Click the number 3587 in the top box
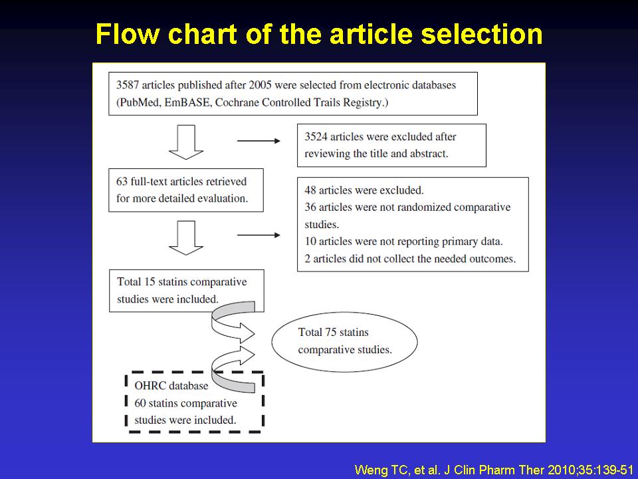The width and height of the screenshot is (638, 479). click(x=128, y=85)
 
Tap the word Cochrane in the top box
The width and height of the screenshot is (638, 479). click(x=237, y=102)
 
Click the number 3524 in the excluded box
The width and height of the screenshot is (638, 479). click(x=316, y=136)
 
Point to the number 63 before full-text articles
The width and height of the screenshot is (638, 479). click(x=122, y=181)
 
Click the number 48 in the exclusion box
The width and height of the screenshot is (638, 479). click(x=310, y=190)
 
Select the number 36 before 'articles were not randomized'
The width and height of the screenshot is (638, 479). click(x=310, y=207)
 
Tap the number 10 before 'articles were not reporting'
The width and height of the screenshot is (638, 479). click(x=310, y=241)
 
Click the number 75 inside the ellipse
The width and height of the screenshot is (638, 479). click(x=330, y=332)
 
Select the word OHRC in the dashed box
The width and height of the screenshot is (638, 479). click(x=150, y=385)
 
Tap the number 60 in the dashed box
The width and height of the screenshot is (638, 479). click(x=140, y=403)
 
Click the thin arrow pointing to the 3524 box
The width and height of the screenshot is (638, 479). click(x=259, y=141)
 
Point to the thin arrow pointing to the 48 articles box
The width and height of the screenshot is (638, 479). click(x=259, y=235)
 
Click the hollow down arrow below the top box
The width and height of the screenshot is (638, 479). click(x=186, y=142)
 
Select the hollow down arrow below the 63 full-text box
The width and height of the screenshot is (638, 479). click(x=186, y=238)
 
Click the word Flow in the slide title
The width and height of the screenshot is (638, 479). click(x=128, y=34)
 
